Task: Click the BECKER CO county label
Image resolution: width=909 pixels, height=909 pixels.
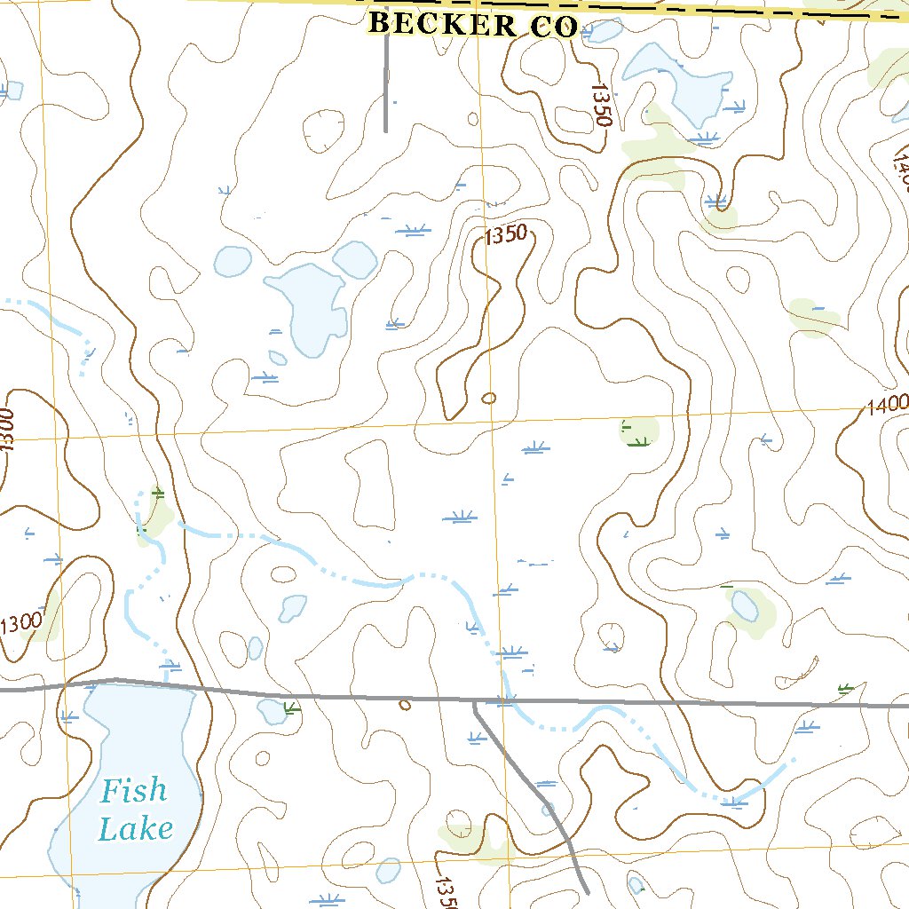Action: [x=472, y=25]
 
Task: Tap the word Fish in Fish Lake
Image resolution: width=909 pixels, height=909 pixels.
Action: [x=132, y=789]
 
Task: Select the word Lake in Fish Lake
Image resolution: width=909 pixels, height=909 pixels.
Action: [x=135, y=829]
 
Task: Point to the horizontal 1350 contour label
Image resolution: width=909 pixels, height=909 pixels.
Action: [x=506, y=235]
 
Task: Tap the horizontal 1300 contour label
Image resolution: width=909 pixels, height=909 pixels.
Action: [x=20, y=623]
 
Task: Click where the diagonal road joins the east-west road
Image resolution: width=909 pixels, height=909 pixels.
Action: [x=475, y=701]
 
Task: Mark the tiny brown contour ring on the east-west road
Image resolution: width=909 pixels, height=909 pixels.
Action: [x=405, y=705]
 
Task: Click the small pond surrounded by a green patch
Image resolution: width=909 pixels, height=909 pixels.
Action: [x=744, y=606]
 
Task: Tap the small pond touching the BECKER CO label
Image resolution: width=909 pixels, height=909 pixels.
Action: [x=604, y=31]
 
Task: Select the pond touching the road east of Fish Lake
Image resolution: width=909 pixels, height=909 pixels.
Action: [x=271, y=710]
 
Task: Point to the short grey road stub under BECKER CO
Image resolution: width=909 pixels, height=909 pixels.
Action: [x=386, y=84]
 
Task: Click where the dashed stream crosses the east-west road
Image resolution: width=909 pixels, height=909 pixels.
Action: [x=505, y=701]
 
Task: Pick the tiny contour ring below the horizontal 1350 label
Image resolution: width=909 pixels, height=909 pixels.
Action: [x=488, y=398]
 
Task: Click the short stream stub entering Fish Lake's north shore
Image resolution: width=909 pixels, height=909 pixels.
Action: [x=169, y=675]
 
